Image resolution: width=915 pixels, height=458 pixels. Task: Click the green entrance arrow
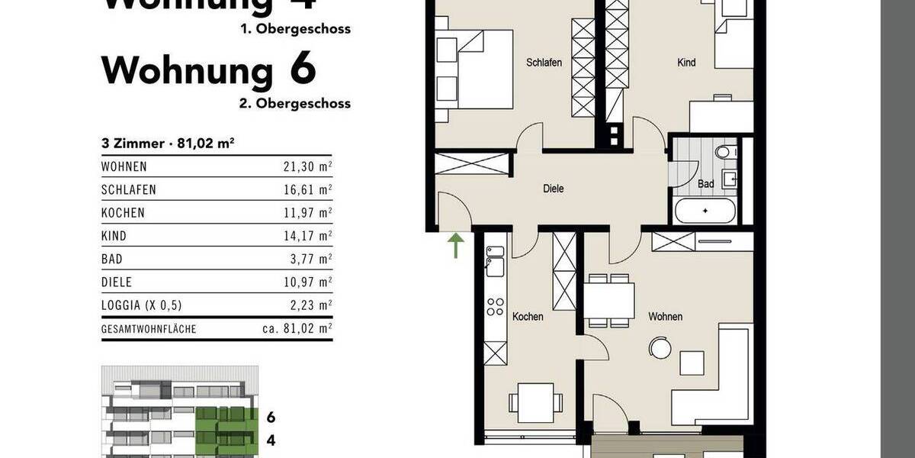pos(455,246)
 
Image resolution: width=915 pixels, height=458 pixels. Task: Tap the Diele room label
pos(554,189)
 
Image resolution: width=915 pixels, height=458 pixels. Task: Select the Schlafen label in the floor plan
pos(544,63)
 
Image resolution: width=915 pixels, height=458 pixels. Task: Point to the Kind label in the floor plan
pos(686,63)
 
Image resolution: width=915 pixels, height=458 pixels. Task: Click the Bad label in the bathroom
pos(705,184)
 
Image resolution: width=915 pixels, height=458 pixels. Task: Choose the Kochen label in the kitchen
pos(528,316)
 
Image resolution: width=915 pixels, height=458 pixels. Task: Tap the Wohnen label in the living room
pos(665,316)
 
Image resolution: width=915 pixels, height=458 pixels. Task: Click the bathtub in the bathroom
pos(705,211)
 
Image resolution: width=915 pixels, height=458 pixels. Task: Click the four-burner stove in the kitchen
pos(496,308)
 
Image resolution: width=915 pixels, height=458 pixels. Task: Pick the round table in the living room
pos(659,349)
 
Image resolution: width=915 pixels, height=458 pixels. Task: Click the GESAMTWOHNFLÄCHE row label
pos(149,330)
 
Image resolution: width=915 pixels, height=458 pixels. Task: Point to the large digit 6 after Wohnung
pos(302,70)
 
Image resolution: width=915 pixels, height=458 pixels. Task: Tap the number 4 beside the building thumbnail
pos(271,440)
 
